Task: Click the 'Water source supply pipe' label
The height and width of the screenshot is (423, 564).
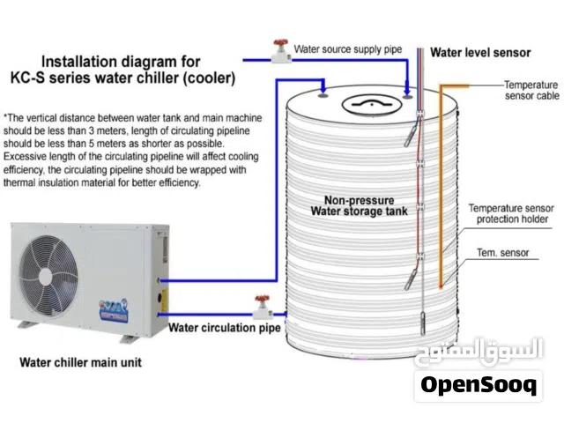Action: pos(345,48)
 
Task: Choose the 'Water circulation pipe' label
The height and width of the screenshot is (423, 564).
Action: pos(225,329)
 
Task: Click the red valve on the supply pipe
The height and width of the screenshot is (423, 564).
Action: pos(280,48)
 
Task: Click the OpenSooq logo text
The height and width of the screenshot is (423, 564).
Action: pos(479,386)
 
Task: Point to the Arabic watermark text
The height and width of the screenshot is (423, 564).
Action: pos(479,350)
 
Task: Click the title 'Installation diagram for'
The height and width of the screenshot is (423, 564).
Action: pos(122,63)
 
